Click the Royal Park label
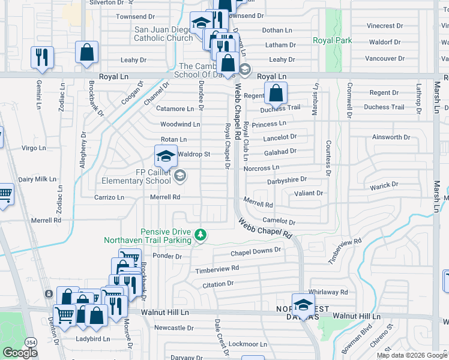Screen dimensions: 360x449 coord(332,41)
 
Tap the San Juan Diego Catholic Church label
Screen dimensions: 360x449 coord(163,33)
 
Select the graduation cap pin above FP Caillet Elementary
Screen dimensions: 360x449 coord(166,157)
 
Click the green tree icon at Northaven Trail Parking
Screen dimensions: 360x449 coord(203,235)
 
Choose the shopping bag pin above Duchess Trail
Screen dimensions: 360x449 coord(276,93)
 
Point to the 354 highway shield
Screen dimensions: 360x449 coord(30,341)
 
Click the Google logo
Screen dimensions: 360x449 coord(20,353)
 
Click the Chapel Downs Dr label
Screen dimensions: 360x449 coord(256,250)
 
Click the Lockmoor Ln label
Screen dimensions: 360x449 coord(248,344)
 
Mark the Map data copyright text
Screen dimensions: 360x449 coord(411,355)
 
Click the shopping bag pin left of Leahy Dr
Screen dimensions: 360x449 coord(86,52)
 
